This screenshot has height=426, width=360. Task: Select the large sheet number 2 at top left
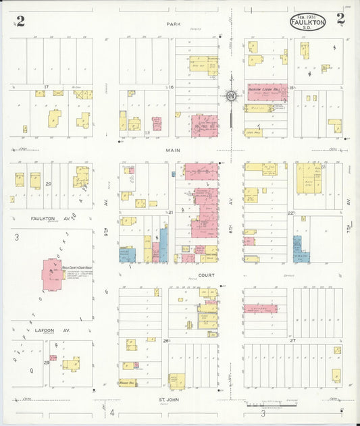click(x=20, y=21)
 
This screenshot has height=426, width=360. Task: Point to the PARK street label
click(x=176, y=24)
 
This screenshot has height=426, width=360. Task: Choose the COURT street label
click(x=206, y=275)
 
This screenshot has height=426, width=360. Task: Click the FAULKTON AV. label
click(x=45, y=219)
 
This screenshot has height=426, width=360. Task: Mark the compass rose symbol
click(x=232, y=97)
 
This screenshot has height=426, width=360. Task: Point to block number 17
click(x=46, y=87)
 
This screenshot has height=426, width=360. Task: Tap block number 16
click(x=172, y=88)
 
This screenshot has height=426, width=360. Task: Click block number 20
click(x=49, y=184)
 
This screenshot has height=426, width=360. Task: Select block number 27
click(x=293, y=341)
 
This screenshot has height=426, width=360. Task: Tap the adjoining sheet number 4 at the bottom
click(x=113, y=412)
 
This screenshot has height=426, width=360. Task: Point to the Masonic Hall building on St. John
click(x=128, y=382)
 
